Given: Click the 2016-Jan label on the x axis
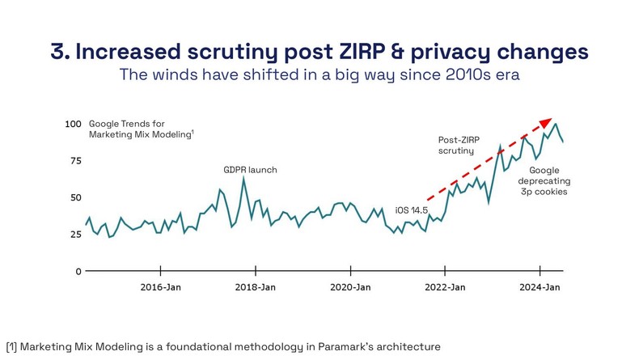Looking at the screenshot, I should pos(160,287).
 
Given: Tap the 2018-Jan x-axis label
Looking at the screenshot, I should pos(257,287).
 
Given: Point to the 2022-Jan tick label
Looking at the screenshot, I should pos(446,287).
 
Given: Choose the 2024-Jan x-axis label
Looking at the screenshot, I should pos(540,287).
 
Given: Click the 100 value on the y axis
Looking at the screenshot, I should pos(73,124).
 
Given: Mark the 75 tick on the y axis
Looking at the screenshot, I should pos(75,161).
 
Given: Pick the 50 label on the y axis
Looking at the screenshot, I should pos(75,197).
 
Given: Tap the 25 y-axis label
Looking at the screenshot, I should pos(75,235).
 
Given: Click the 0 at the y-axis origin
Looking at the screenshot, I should pos(78,271).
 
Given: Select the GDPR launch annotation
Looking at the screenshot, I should pos(250,170).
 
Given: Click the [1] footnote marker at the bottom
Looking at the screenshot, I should pos(11,346).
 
